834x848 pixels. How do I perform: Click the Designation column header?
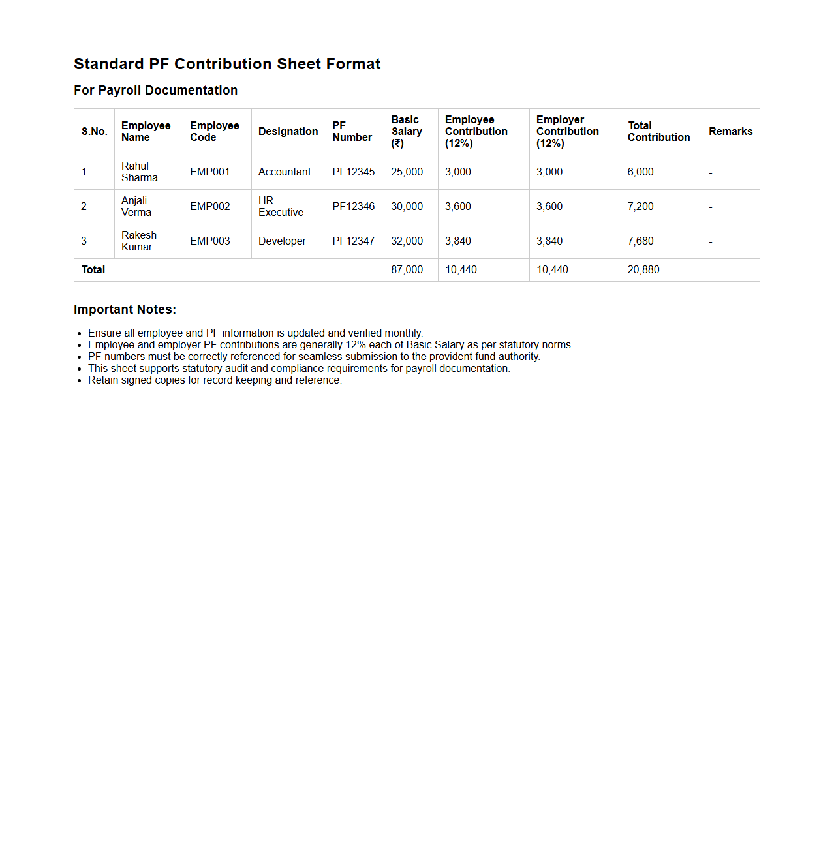coord(288,132)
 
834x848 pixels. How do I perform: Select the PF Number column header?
coord(352,132)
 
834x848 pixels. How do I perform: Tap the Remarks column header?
coord(730,132)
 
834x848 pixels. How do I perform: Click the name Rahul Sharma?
coord(139,172)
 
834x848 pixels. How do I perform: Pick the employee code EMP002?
coord(209,207)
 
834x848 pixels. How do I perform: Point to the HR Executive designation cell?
coord(281,207)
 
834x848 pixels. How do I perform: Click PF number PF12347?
coord(353,241)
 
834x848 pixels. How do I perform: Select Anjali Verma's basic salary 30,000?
coord(407,207)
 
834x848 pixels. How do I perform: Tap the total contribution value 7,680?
coord(640,241)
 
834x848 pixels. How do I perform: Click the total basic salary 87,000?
coord(407,270)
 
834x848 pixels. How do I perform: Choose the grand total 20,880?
coord(643,270)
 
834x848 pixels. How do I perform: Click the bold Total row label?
coord(93,270)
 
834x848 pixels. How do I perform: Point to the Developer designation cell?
coord(282,241)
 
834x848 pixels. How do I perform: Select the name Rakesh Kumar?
coord(138,241)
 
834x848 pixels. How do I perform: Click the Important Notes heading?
coord(125,310)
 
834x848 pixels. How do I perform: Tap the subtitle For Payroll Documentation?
coord(155,91)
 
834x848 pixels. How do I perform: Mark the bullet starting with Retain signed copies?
coord(215,380)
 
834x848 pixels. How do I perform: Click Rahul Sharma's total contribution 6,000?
coord(640,172)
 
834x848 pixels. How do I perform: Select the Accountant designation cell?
coord(285,172)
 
